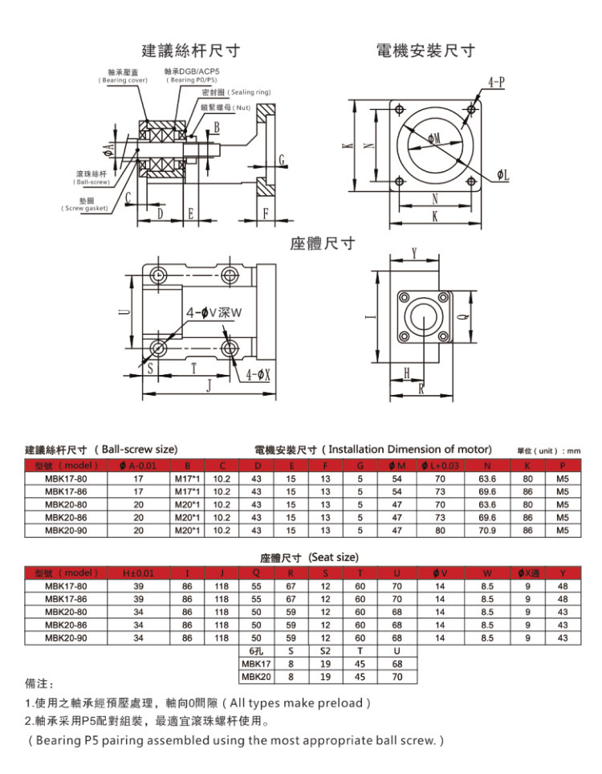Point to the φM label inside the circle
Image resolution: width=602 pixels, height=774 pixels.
pyautogui.click(x=434, y=139)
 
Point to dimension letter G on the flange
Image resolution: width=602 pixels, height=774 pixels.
pyautogui.click(x=282, y=160)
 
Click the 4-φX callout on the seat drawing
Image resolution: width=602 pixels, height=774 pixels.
pyautogui.click(x=258, y=375)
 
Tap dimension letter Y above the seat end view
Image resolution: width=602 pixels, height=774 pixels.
pyautogui.click(x=414, y=254)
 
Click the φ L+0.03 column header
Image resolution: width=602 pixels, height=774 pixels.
pyautogui.click(x=440, y=466)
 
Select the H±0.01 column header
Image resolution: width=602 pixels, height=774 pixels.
pyautogui.click(x=138, y=573)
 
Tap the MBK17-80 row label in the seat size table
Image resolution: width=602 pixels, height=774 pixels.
pyautogui.click(x=66, y=586)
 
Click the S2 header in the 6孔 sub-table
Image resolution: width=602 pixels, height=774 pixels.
pyautogui.click(x=325, y=651)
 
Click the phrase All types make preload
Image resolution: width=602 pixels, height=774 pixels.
pyautogui.click(x=300, y=703)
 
